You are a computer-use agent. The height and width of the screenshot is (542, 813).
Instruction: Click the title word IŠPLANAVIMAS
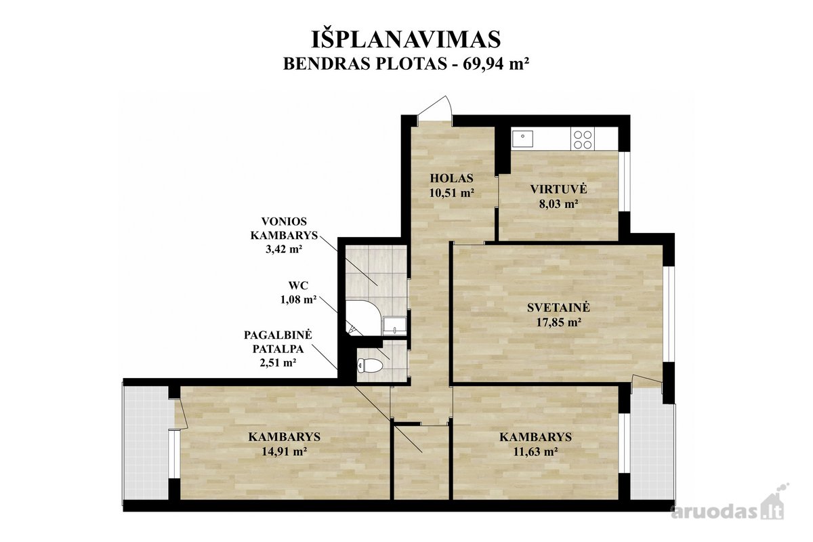pos(406,39)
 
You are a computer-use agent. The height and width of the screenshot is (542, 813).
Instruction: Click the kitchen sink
pos(522,139)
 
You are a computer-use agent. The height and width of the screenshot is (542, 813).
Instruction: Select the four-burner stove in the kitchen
pos(583,140)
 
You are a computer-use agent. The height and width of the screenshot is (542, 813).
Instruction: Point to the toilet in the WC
pos(369,365)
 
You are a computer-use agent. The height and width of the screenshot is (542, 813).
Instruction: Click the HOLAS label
pos(451,178)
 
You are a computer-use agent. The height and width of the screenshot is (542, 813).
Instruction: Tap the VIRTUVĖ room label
pos(558,189)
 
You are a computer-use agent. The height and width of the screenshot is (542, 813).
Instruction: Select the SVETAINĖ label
pos(558,308)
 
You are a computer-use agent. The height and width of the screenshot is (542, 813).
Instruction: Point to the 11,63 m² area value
pos(535,452)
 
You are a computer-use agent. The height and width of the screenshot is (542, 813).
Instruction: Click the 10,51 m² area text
pos(452,193)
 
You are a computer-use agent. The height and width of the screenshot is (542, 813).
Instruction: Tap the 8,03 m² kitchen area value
pos(558,204)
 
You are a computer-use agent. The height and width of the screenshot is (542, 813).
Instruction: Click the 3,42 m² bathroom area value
pos(284,249)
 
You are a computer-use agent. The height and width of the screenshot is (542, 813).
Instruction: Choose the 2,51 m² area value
pos(278,362)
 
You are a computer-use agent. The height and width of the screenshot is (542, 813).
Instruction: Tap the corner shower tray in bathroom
pos(364,318)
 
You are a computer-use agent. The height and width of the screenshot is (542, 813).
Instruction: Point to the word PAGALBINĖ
pos(278,335)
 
